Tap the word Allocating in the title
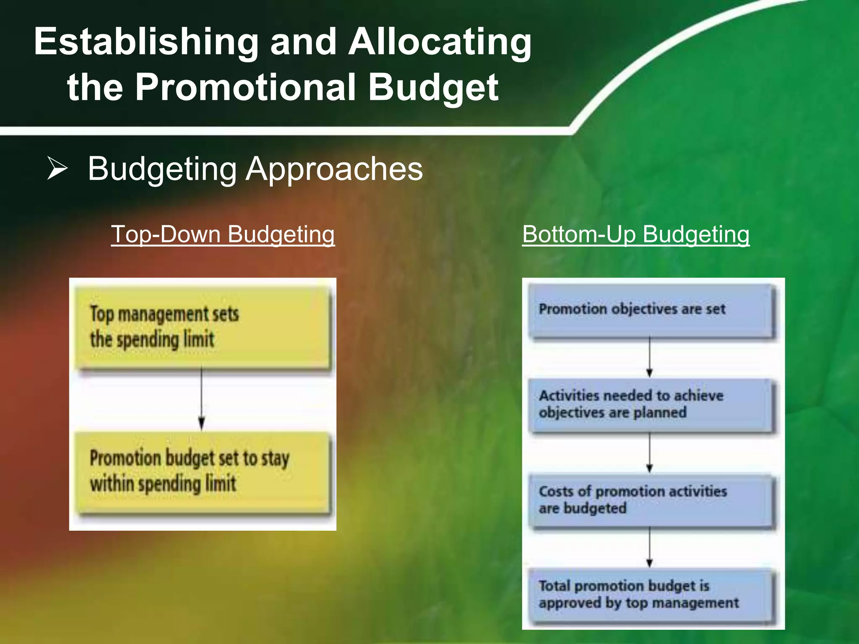(x=440, y=42)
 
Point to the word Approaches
(x=334, y=169)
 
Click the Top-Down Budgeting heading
(x=223, y=234)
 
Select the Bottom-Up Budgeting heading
(x=635, y=234)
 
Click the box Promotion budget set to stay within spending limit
(x=203, y=472)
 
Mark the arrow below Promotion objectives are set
(x=650, y=356)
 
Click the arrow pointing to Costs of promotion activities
(x=650, y=453)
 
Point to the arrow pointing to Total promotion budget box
(x=650, y=548)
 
